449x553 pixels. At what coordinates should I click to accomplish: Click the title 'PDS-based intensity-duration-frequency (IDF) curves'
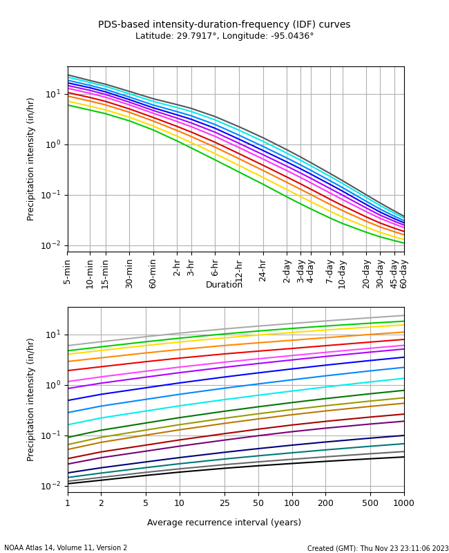point(224,25)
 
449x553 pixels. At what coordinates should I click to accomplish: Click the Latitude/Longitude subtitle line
point(224,36)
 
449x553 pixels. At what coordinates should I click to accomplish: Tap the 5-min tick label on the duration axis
point(68,272)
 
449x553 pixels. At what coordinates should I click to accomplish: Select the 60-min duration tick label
point(153,272)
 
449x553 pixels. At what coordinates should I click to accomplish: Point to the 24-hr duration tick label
point(263,272)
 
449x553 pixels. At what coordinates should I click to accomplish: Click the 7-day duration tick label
point(329,272)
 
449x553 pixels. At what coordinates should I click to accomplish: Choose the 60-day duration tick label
point(404,272)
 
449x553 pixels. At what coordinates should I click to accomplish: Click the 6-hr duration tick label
point(215,272)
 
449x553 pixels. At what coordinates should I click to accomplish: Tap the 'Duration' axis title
point(224,285)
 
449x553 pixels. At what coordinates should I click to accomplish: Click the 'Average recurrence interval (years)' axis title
point(224,523)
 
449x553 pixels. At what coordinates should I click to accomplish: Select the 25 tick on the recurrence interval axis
point(224,503)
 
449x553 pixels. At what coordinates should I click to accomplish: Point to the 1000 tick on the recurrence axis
point(404,503)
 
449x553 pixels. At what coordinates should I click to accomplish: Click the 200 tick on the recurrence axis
point(325,503)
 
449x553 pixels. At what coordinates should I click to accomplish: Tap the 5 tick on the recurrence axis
point(146,503)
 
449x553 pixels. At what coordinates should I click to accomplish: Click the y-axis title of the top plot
point(31,159)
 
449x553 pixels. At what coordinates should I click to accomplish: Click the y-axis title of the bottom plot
point(31,400)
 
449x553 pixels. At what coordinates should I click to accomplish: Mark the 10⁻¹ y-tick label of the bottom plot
point(52,435)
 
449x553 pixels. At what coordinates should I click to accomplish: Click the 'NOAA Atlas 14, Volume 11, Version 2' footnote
point(66,548)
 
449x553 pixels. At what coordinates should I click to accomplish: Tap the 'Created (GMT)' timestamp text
point(378,548)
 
